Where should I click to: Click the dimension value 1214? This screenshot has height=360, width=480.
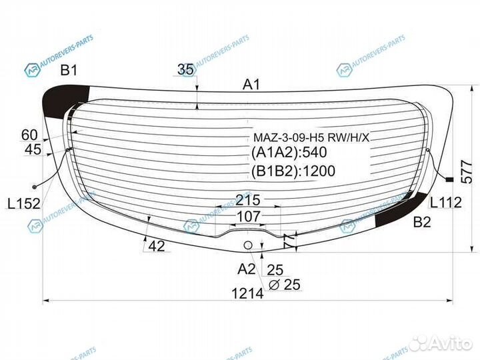tap(247, 293)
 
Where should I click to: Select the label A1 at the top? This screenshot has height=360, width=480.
tap(251, 85)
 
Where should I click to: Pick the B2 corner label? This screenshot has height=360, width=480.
tap(422, 222)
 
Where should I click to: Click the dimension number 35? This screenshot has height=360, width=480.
tap(186, 69)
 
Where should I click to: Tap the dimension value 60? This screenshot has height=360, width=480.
tap(29, 135)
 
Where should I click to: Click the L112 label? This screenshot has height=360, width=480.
tap(445, 203)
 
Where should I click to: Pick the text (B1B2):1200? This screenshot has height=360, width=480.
tap(294, 171)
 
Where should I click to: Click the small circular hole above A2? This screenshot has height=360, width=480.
tap(248, 245)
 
